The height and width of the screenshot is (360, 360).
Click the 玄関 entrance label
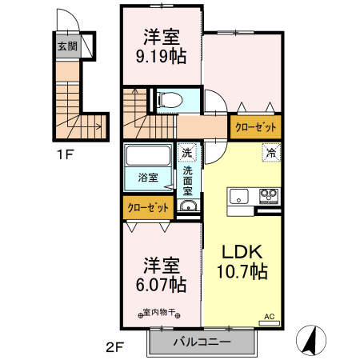click(66, 46)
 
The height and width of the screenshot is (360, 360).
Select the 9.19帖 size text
click(161, 57)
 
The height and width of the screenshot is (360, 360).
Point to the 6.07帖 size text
click(161, 285)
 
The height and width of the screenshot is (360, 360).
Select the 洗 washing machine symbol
click(186, 153)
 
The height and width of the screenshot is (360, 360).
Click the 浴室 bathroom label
click(148, 177)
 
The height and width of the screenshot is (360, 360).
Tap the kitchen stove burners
click(267, 195)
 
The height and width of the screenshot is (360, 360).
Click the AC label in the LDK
click(269, 317)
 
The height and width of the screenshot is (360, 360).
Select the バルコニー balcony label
click(202, 342)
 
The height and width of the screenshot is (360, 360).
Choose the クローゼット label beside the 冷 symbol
click(256, 126)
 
